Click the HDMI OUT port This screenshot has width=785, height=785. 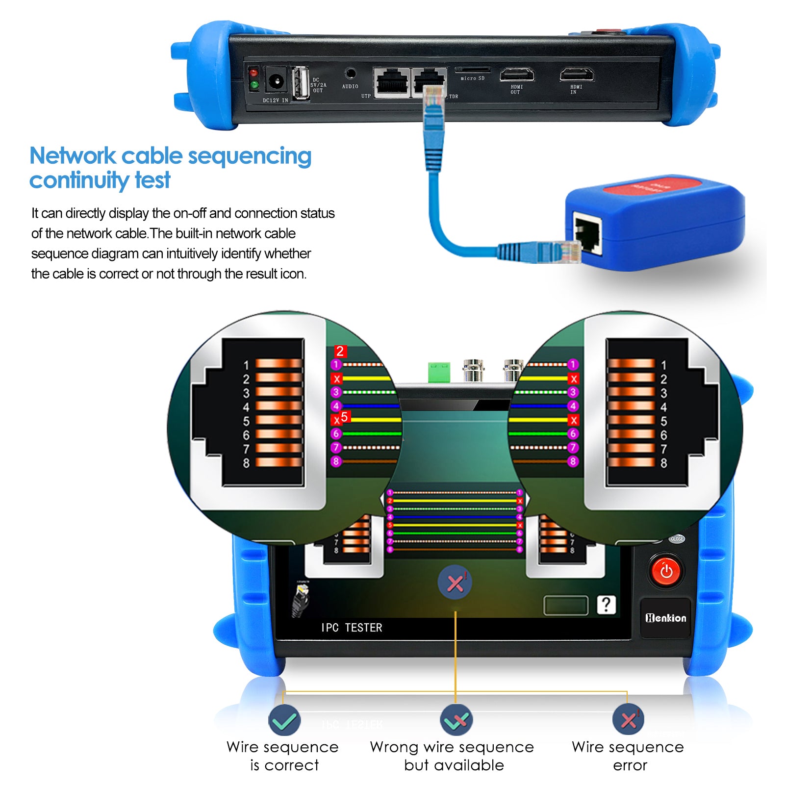click(x=517, y=75)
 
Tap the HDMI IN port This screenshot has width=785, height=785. click(x=577, y=75)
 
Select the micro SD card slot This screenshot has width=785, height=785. click(x=472, y=70)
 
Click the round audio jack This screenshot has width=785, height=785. click(x=350, y=74)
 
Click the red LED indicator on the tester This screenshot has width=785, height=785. click(x=253, y=73)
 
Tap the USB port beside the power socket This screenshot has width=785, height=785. click(x=301, y=82)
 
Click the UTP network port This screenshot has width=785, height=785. click(x=391, y=82)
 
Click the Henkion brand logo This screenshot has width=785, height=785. click(x=665, y=618)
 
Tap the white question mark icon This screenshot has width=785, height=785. click(x=606, y=605)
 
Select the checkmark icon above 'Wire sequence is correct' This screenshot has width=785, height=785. click(x=284, y=720)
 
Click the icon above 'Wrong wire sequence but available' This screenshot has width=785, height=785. click(x=456, y=720)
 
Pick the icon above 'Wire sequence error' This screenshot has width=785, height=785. click(x=628, y=719)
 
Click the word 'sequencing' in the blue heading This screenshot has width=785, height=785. click(x=250, y=156)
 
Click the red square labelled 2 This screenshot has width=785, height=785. click(x=340, y=351)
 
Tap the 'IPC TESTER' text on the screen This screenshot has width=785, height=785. click(x=352, y=628)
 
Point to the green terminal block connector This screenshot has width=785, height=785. click(x=439, y=372)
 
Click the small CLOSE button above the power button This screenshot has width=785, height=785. click(x=677, y=539)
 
